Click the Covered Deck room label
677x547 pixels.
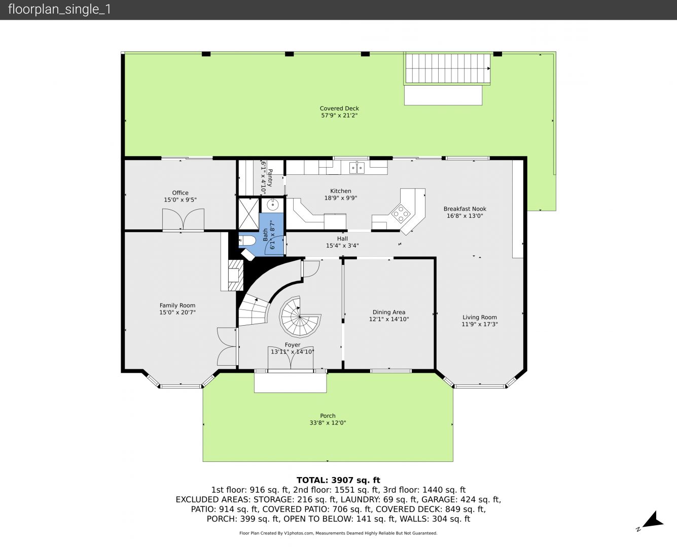pos(339,108)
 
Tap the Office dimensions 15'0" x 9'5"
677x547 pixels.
pos(180,200)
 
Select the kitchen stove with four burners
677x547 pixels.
pos(401,213)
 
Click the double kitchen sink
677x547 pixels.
pos(357,167)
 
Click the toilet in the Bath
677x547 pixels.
pos(247,241)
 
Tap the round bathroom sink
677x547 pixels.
pos(272,205)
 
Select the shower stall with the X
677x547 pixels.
pos(248,213)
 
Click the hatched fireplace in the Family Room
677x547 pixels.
pos(235,275)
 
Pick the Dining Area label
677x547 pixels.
pos(389,312)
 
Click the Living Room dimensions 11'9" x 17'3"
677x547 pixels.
pos(480,324)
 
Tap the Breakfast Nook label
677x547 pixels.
pos(465,209)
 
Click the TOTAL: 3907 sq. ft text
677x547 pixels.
pos(338,480)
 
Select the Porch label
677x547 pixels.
pos(328,415)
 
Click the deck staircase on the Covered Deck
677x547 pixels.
pos(447,68)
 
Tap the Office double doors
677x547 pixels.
pos(183,219)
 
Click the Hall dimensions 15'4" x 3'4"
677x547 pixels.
pos(342,246)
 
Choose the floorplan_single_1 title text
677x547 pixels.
pos(59,10)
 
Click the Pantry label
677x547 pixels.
pos(269,178)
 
